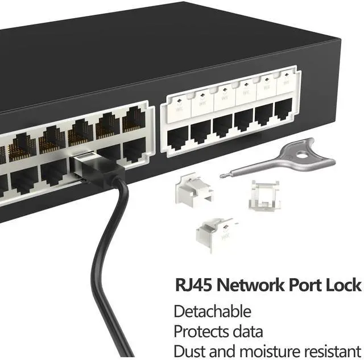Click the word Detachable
point(212,311)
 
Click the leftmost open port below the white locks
point(178,137)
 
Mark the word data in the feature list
point(249,331)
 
